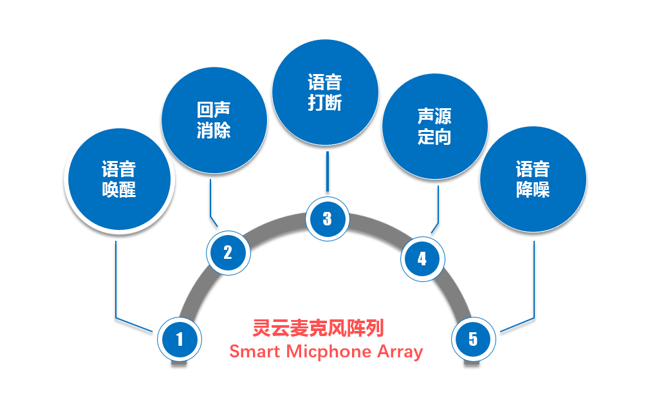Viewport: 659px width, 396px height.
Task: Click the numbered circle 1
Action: point(180,339)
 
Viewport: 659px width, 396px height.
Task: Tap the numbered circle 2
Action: point(228,252)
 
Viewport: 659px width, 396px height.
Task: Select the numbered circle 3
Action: point(327,218)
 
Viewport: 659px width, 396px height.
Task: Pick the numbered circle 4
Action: point(422,259)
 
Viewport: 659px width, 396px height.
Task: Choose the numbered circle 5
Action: point(474,339)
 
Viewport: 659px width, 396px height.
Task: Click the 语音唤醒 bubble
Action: point(119,180)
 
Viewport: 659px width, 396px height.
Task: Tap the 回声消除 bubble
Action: point(214,120)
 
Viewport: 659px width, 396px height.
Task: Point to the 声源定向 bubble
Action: point(435,127)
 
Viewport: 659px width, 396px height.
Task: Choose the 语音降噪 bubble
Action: point(533,180)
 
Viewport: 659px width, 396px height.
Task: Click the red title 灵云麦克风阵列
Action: point(319,328)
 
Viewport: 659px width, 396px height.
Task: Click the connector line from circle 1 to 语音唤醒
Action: point(115,277)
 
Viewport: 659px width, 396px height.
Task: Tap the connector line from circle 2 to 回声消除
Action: point(210,200)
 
